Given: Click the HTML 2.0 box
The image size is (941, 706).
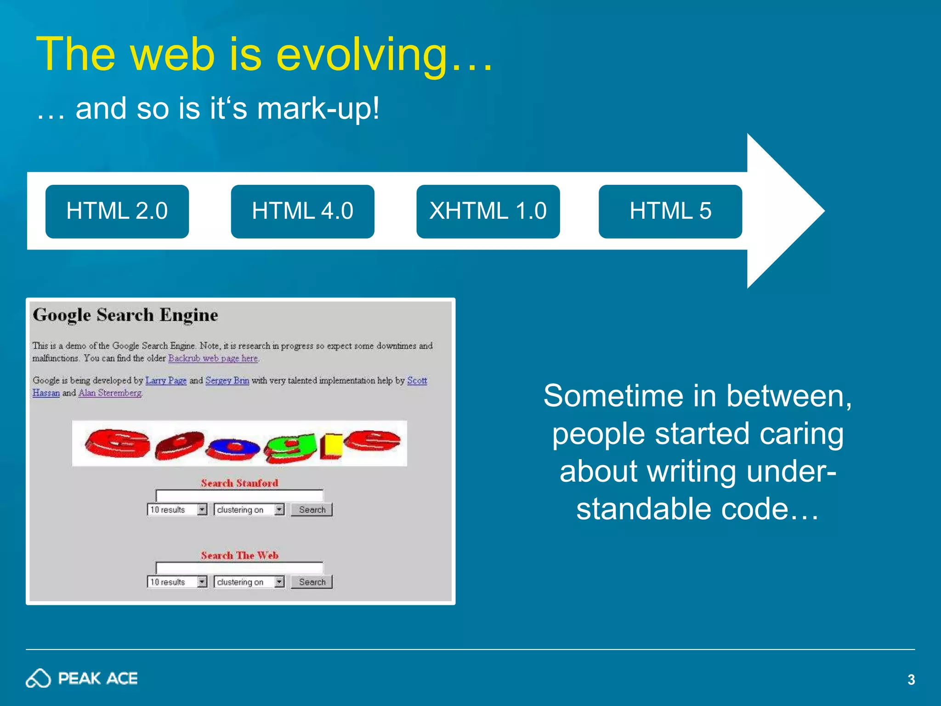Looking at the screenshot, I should tap(117, 211).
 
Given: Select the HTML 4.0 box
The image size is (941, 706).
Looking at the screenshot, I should tap(302, 211).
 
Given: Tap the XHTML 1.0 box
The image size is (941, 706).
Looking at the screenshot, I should tap(488, 211).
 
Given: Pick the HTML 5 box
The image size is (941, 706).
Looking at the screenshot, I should tap(670, 211).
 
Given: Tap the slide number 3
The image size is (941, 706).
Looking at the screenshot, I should tap(911, 679).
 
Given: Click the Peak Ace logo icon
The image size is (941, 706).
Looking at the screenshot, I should tap(38, 678).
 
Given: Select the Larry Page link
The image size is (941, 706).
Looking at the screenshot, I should tap(166, 381).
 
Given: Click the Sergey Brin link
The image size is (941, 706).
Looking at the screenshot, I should tap(227, 381).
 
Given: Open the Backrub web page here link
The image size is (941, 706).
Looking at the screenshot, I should tap(213, 358).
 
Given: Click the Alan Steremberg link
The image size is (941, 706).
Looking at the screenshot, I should tap(110, 393).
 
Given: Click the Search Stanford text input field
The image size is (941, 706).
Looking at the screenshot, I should tap(239, 495).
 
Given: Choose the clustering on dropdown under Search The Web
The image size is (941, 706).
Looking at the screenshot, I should tap(249, 582).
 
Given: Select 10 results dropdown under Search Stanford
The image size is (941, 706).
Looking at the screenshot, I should tap(177, 510).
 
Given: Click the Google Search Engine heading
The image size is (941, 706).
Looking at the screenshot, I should tap(125, 315).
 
